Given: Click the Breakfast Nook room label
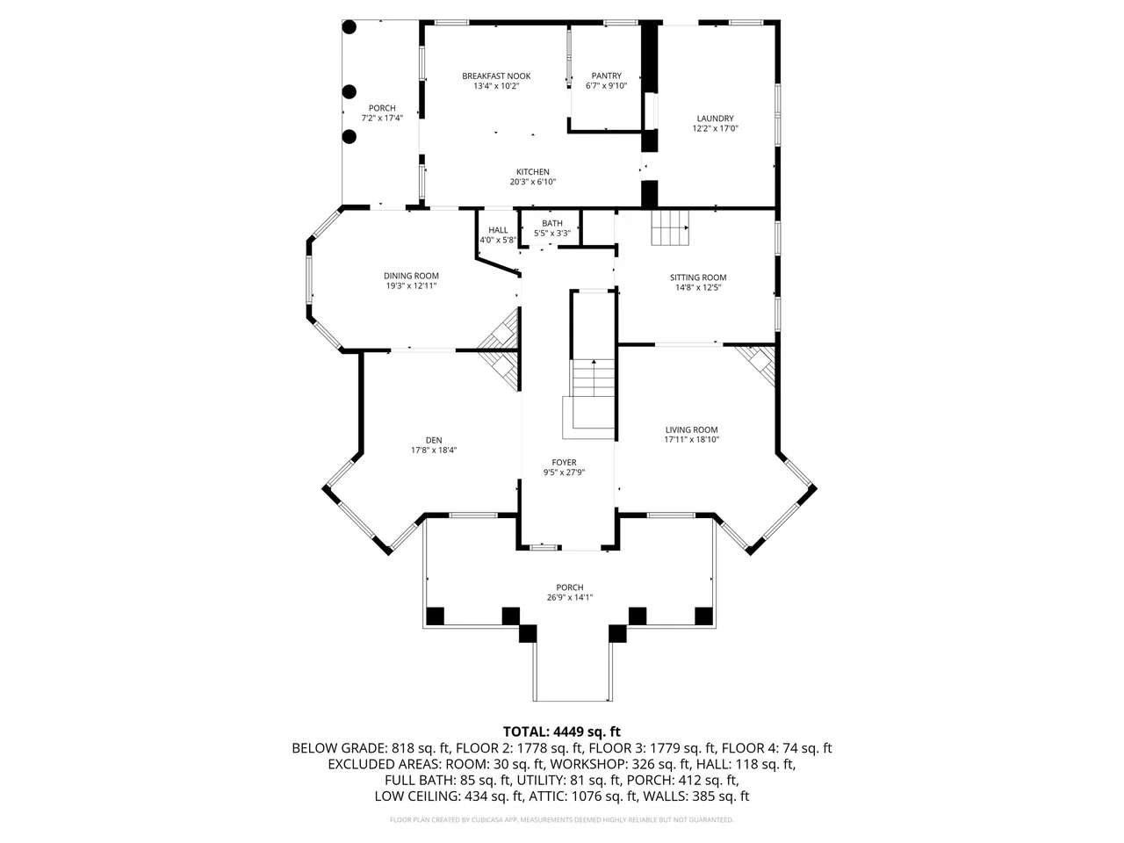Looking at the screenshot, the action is point(496,76).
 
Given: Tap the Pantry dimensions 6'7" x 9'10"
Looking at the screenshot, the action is point(606,86).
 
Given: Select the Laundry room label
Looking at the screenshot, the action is point(715,119).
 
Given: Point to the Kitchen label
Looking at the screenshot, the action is point(532,172).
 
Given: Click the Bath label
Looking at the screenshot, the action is point(552,223).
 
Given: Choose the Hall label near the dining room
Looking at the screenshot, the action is point(498,230).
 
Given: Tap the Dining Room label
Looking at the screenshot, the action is point(411,276).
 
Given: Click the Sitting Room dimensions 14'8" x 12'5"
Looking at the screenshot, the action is point(698,288).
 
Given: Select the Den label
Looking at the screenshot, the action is point(434,440).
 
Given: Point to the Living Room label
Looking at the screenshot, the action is point(691,430).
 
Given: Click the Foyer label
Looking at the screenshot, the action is point(565,462).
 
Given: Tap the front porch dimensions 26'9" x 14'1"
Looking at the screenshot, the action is point(570,597).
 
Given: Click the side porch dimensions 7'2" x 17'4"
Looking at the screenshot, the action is point(383,118).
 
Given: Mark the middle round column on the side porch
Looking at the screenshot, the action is point(349,91).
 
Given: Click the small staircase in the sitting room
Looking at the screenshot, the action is point(670,227).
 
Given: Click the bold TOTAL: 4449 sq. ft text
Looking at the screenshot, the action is point(562,731).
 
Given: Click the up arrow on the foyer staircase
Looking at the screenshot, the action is point(594,363).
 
